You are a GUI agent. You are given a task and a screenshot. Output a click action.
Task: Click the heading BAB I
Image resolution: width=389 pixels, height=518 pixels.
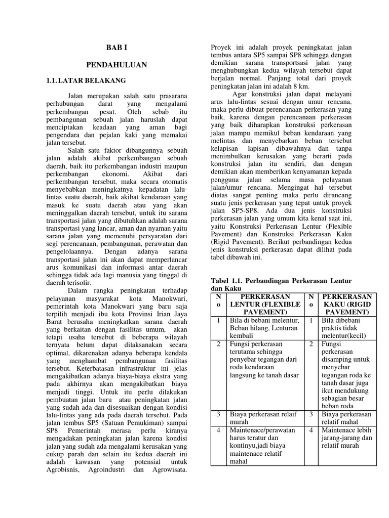click(x=116, y=48)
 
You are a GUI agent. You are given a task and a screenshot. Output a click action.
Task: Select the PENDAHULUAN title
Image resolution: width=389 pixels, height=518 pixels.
click(x=116, y=65)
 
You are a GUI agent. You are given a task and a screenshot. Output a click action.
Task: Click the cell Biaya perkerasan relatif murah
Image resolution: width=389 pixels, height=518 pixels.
click(x=256, y=417)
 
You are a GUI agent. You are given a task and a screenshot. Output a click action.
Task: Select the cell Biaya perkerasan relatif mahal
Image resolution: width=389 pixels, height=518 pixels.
click(x=346, y=417)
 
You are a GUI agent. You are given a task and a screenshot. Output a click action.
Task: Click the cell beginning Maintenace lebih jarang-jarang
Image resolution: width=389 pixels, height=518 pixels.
click(x=346, y=438)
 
